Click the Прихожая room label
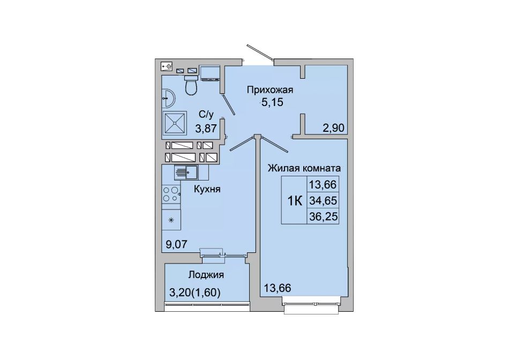(270, 89)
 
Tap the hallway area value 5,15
(272, 102)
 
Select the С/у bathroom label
(206, 114)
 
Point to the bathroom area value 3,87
(206, 129)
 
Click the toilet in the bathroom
(191, 85)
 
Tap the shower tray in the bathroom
(175, 123)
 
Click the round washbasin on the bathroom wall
(168, 98)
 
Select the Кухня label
(207, 189)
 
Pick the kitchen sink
(186, 172)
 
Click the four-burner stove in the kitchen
(171, 194)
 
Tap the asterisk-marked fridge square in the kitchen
(171, 219)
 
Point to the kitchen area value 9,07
(177, 244)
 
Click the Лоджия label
(206, 275)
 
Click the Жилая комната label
(304, 168)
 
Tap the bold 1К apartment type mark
(295, 201)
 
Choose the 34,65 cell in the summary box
(323, 201)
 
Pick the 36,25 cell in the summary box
(323, 216)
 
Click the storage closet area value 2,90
(333, 128)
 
